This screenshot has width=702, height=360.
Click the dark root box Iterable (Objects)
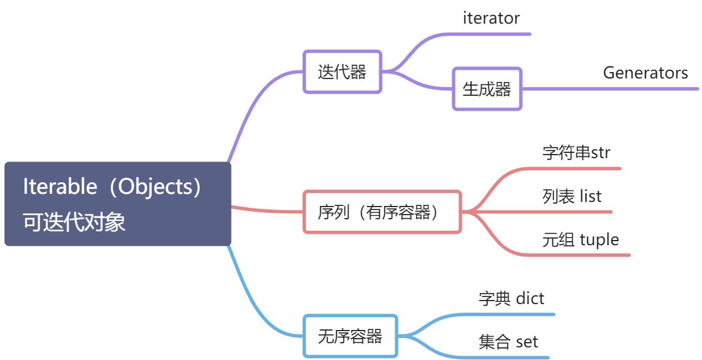click(x=118, y=204)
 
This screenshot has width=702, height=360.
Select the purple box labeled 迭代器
click(x=342, y=72)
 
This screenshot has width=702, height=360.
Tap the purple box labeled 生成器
click(x=487, y=89)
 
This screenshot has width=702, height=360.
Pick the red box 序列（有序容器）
click(x=382, y=212)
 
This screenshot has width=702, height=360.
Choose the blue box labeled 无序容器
click(x=350, y=336)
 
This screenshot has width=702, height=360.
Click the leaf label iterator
click(x=491, y=18)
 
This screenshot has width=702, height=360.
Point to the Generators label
click(x=645, y=73)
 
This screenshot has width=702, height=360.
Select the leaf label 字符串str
click(x=576, y=153)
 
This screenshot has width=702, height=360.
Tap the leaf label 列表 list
click(x=572, y=196)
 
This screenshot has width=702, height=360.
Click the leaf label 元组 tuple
click(x=580, y=239)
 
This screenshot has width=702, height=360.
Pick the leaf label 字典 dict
click(x=511, y=298)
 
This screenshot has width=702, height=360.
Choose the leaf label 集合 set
click(x=508, y=342)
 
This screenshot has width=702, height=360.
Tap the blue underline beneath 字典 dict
click(x=514, y=314)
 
